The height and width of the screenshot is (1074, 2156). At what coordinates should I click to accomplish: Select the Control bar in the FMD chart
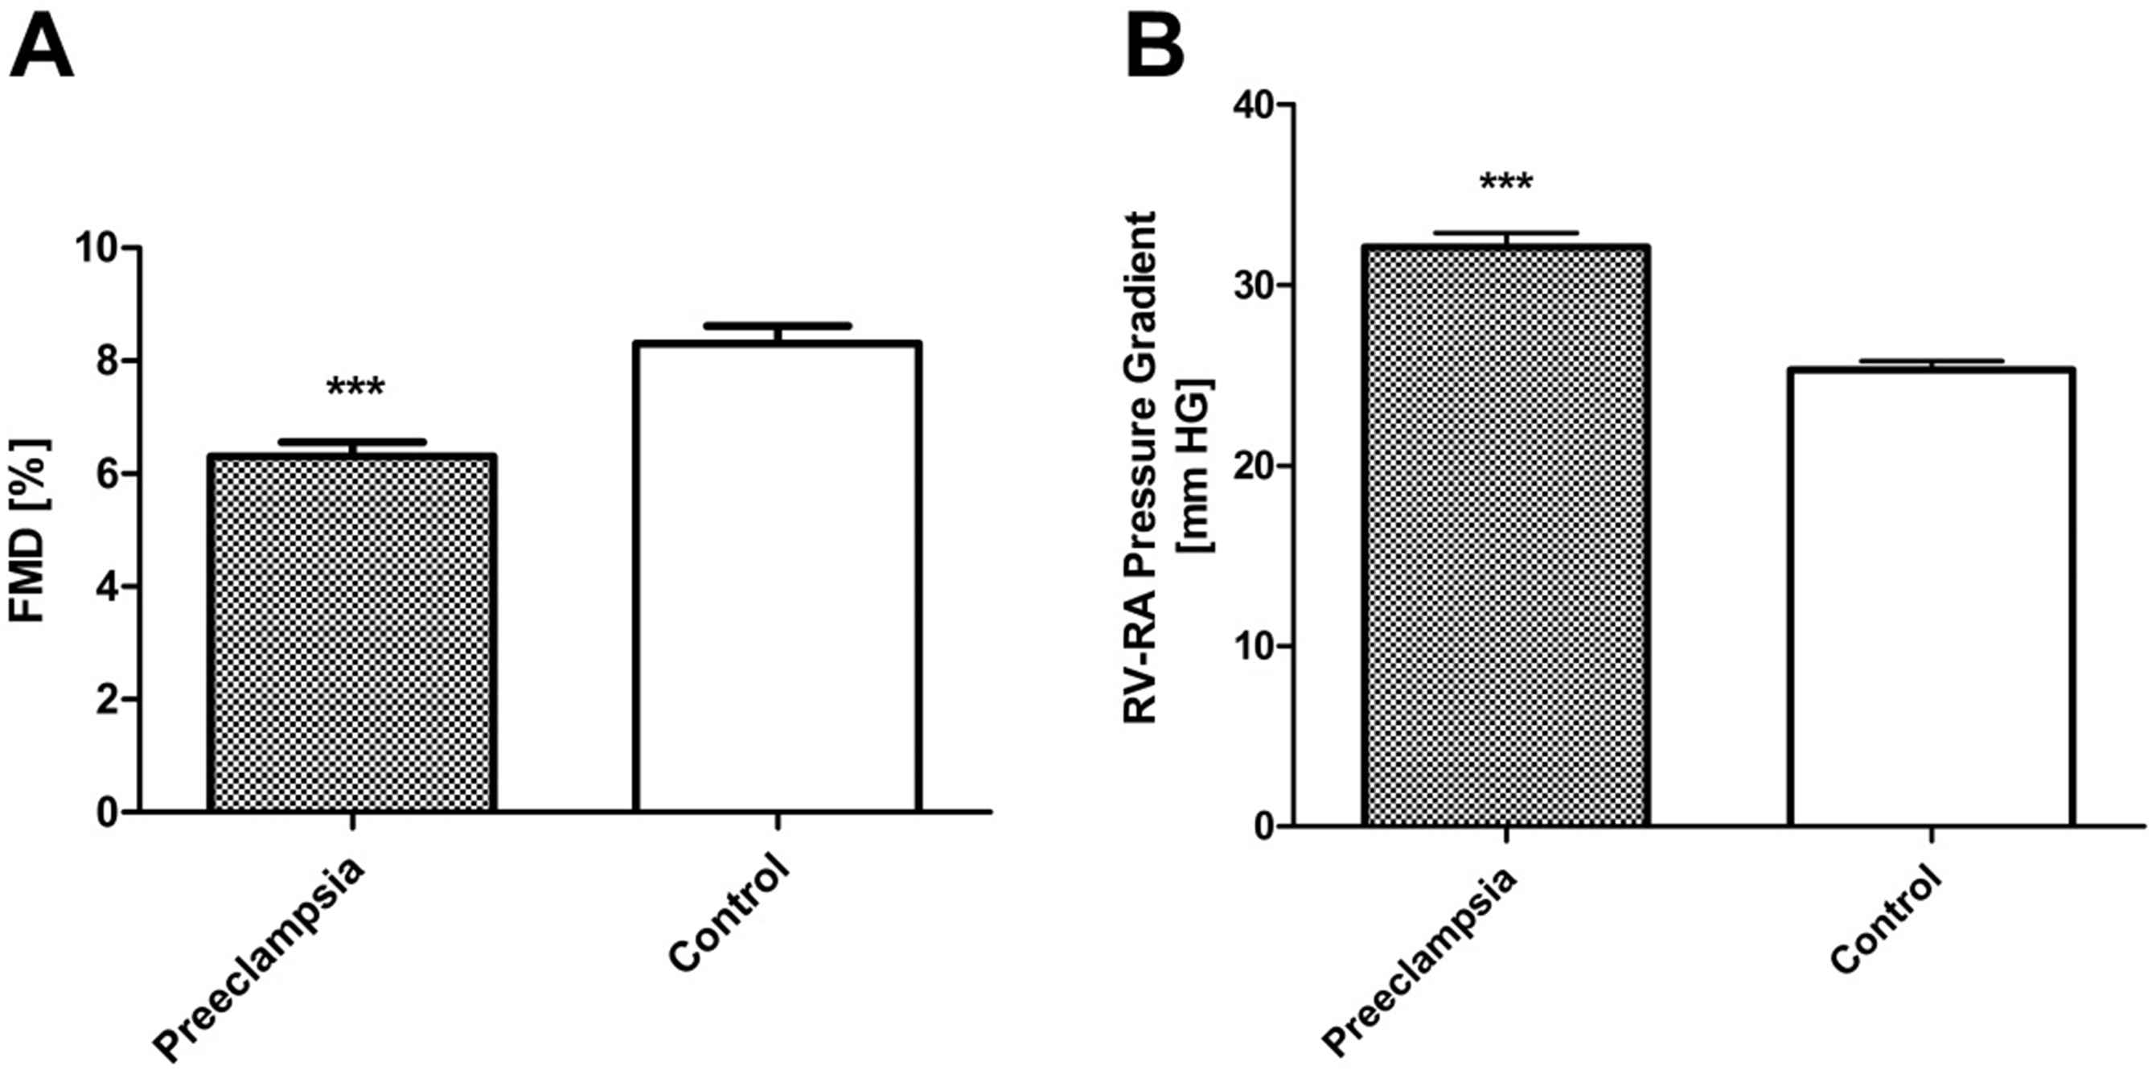pos(778,578)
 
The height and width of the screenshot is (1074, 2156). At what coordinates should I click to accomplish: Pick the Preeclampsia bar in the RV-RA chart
pos(1505,536)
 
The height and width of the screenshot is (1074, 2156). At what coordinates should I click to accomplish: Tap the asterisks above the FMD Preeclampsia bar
pos(355,388)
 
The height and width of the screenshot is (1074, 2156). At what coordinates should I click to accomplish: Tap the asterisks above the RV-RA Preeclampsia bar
pos(1505,183)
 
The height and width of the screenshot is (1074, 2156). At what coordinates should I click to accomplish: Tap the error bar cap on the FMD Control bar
pos(778,326)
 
